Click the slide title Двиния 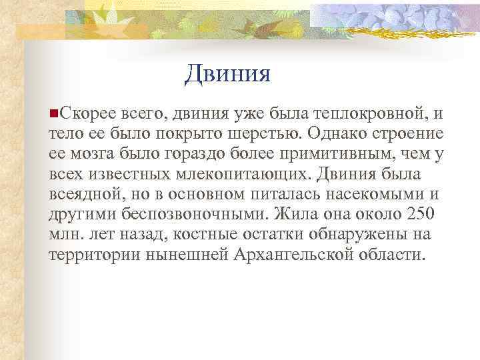point(228,73)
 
